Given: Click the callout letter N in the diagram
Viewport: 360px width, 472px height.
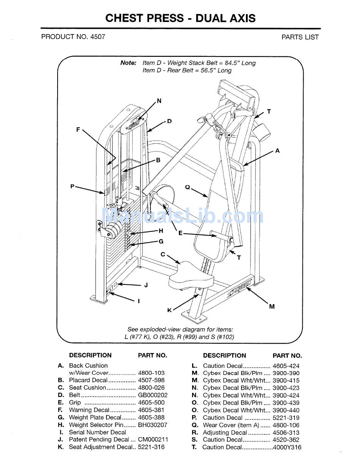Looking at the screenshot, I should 159,101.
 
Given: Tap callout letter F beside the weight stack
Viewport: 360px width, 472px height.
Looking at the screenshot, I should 78,130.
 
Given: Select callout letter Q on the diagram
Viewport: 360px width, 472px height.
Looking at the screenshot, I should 187,187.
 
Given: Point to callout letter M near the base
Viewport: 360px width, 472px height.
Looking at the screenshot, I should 272,306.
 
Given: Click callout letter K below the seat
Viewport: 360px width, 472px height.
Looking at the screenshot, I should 169,310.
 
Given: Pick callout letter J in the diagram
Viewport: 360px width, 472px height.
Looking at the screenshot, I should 146,285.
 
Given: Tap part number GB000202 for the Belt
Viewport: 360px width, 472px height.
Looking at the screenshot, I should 153,395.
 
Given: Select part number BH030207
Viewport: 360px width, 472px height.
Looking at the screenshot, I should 152,425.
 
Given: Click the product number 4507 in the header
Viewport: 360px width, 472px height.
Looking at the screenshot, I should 98,37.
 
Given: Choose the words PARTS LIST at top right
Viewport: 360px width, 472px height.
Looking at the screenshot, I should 300,37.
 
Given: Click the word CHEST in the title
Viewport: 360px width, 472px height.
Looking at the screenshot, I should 124,18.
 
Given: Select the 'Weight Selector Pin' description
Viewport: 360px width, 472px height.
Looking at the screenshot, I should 97,425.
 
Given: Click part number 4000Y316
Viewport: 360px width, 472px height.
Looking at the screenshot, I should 287,447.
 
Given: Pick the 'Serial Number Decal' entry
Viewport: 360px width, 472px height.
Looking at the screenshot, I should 97,432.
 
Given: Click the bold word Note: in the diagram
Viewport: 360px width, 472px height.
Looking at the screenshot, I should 128,63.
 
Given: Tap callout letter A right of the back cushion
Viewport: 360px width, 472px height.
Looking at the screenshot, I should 277,151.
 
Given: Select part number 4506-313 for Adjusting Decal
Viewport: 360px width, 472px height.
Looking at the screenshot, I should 286,433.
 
